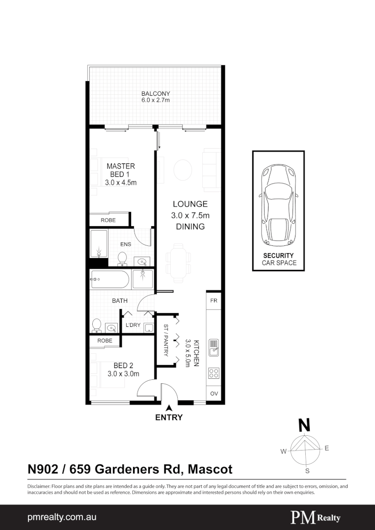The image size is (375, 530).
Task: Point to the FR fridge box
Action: (x=214, y=300)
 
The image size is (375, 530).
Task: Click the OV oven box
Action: (x=214, y=394)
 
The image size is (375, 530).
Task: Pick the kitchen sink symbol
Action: (x=214, y=347)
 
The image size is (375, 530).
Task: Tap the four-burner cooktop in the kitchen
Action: (x=214, y=372)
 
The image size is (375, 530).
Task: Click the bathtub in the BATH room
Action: (x=109, y=280)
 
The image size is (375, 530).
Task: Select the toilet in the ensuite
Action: (x=122, y=257)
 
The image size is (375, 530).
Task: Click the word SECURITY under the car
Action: (x=278, y=256)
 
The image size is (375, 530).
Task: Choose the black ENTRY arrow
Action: (x=169, y=407)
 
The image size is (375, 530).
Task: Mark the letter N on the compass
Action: (x=304, y=425)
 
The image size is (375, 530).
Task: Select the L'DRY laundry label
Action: (x=133, y=325)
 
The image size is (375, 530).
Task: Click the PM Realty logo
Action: (x=316, y=517)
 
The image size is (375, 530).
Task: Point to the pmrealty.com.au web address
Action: (x=61, y=517)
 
